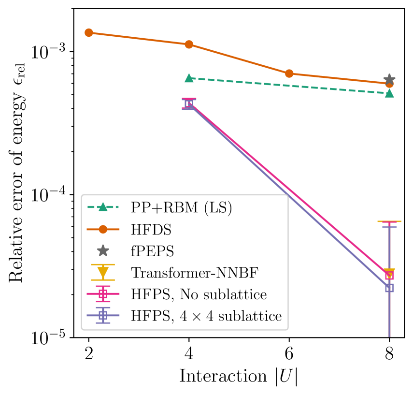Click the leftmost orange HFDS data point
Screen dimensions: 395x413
coord(89,33)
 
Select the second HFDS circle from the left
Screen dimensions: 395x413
coord(189,44)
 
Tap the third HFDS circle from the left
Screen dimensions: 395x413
coord(289,73)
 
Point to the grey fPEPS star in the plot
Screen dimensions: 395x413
coord(389,79)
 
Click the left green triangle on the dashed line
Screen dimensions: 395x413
coord(189,78)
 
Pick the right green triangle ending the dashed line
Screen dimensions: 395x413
coord(389,93)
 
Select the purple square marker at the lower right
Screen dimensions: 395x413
coord(389,288)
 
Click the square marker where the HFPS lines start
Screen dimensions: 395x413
coord(189,104)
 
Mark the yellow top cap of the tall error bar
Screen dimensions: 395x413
coord(389,221)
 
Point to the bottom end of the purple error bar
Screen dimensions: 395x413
coord(389,336)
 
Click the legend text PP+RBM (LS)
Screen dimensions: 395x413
coord(181,207)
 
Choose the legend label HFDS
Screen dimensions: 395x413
coord(151,230)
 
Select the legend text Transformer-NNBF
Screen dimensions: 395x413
coord(194,273)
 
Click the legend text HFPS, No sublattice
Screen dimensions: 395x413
coord(199,294)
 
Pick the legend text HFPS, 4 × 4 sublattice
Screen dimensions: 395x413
coord(206,316)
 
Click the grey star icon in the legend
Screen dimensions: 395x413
coord(103,251)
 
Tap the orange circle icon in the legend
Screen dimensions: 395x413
coord(103,229)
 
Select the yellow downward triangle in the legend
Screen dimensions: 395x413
coord(103,273)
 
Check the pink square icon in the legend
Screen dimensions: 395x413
coord(103,294)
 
